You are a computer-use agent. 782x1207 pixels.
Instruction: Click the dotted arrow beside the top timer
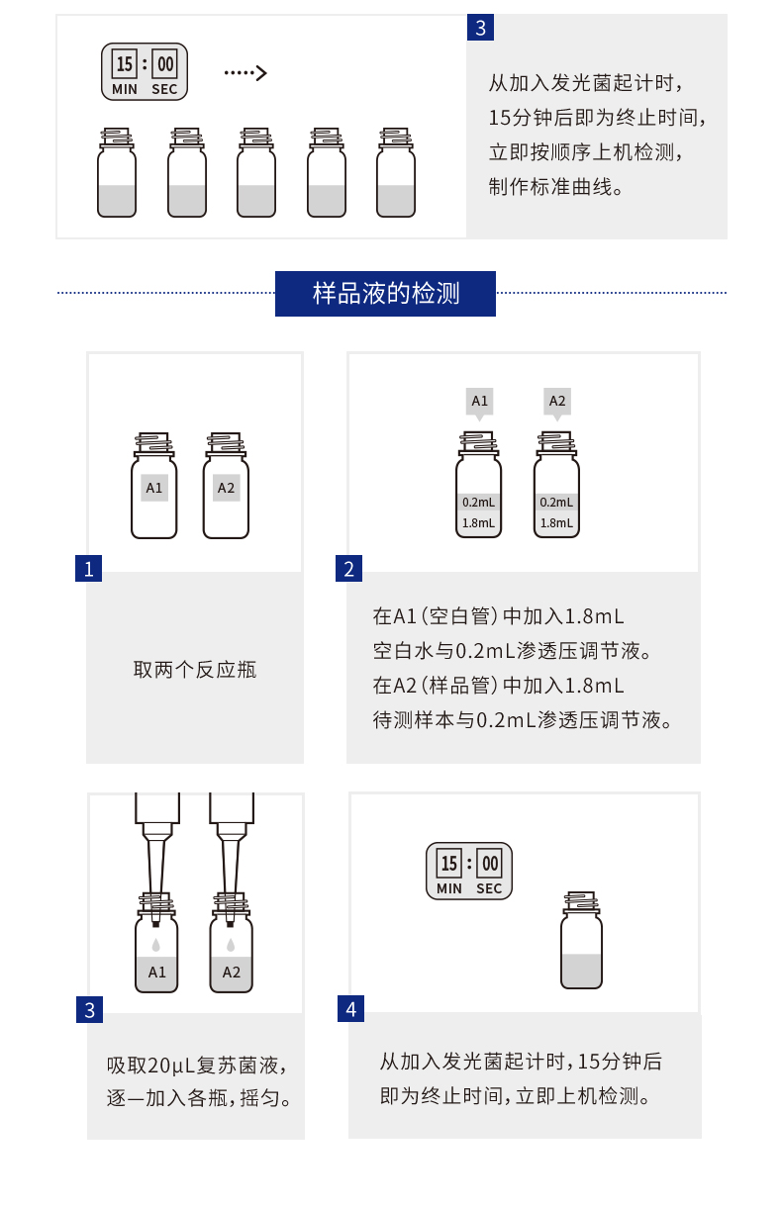click(x=245, y=72)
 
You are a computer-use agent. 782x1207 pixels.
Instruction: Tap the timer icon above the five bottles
click(x=145, y=72)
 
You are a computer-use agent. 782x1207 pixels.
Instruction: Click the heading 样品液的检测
click(x=385, y=294)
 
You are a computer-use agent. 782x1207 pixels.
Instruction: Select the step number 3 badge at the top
click(x=480, y=28)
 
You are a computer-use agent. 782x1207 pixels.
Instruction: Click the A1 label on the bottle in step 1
click(x=154, y=488)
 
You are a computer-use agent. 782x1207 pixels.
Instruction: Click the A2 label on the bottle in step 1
click(x=226, y=488)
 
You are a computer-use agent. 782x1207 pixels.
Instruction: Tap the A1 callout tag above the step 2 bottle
click(x=480, y=402)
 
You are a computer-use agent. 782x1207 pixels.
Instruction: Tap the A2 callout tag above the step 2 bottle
click(x=557, y=402)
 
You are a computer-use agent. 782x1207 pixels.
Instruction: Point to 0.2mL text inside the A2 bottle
click(x=556, y=502)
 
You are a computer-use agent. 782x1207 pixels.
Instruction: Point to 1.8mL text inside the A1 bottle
click(x=479, y=522)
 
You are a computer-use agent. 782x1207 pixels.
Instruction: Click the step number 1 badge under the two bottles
click(x=88, y=569)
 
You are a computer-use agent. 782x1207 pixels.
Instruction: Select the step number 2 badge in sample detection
click(x=349, y=569)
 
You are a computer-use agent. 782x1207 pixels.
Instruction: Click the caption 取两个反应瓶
click(x=195, y=670)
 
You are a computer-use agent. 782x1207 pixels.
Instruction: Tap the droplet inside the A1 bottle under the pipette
click(x=155, y=945)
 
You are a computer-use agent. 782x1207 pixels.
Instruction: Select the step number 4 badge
click(x=350, y=1009)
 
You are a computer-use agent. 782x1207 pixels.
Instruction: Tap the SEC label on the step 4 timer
click(x=489, y=888)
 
